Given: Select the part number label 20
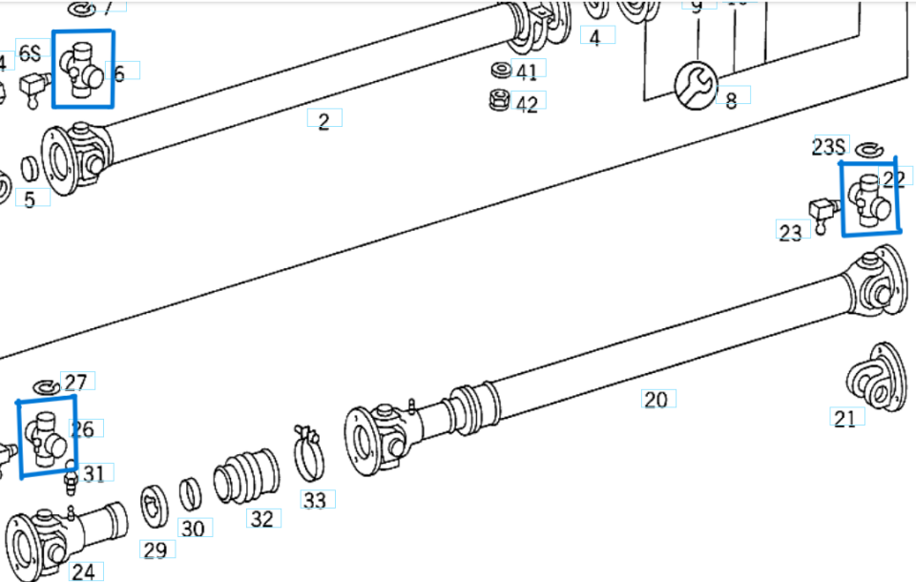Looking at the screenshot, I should (x=656, y=399).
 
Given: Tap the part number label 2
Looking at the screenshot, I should (x=324, y=120).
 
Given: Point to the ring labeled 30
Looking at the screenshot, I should (x=191, y=494).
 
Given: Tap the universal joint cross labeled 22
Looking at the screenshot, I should (x=869, y=197).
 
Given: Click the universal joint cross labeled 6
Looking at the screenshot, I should (x=82, y=69).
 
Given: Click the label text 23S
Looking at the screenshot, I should (x=828, y=146).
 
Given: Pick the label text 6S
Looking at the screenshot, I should (x=30, y=52).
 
